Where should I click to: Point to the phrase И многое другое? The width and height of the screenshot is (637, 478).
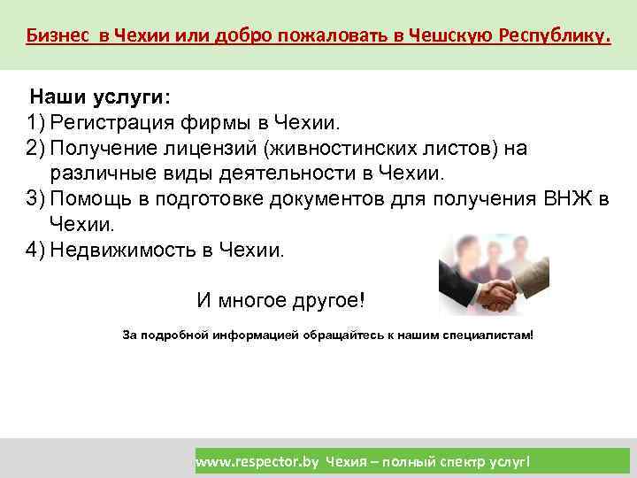[280, 300]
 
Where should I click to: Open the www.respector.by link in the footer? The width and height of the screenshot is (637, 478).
[257, 461]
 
